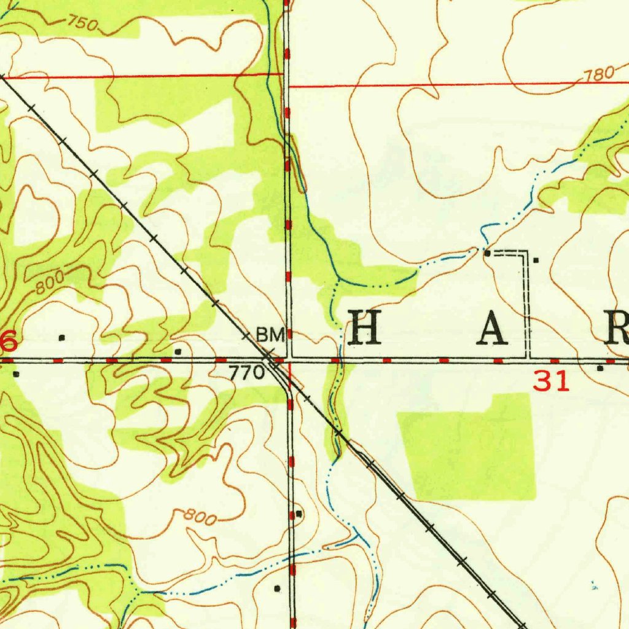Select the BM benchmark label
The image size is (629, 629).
point(270,335)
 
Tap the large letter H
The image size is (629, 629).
point(365,327)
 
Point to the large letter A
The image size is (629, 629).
point(493,327)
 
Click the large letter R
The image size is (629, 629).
point(616,327)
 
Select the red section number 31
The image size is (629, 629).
point(551,383)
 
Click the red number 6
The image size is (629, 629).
point(8,342)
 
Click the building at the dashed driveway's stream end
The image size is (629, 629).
point(487,252)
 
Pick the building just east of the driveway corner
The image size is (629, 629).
point(536,260)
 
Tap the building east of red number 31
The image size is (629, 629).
point(600,368)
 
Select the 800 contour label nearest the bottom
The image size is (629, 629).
point(200,518)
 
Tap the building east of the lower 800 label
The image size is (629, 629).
point(299,513)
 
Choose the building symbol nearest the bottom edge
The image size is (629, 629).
point(277,588)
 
